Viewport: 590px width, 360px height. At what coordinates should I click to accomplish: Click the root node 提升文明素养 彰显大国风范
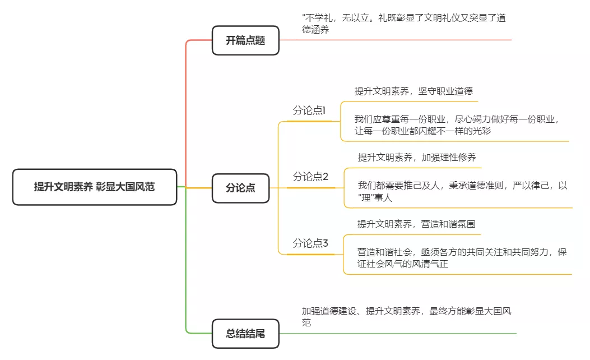coord(94,187)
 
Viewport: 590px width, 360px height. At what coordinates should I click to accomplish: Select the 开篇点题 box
coord(245,40)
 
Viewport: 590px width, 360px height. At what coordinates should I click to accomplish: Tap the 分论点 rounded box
coord(240,188)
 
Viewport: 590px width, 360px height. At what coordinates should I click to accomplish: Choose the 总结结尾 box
coord(245,334)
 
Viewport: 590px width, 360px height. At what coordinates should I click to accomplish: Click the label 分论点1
coord(309,110)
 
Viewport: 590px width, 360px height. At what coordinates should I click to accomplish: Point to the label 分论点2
coord(310,177)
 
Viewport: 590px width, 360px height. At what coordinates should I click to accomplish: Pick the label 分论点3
coord(310,243)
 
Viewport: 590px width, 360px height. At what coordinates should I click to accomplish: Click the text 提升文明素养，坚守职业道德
coord(410,91)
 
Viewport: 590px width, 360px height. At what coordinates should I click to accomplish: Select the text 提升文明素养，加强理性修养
coord(417,158)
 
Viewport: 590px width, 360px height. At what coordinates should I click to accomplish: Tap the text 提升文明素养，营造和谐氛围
coord(416,224)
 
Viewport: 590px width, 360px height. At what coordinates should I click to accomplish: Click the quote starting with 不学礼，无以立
coord(403,24)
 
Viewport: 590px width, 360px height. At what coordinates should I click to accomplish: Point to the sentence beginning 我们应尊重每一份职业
coord(457,124)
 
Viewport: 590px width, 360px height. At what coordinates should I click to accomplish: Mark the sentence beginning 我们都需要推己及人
coord(462,191)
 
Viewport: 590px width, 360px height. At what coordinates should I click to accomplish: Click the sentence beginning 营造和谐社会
coord(462,257)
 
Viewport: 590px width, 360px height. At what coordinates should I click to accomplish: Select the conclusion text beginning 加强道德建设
coord(406,316)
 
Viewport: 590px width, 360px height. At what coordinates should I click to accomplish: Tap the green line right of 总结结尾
coord(398,333)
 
